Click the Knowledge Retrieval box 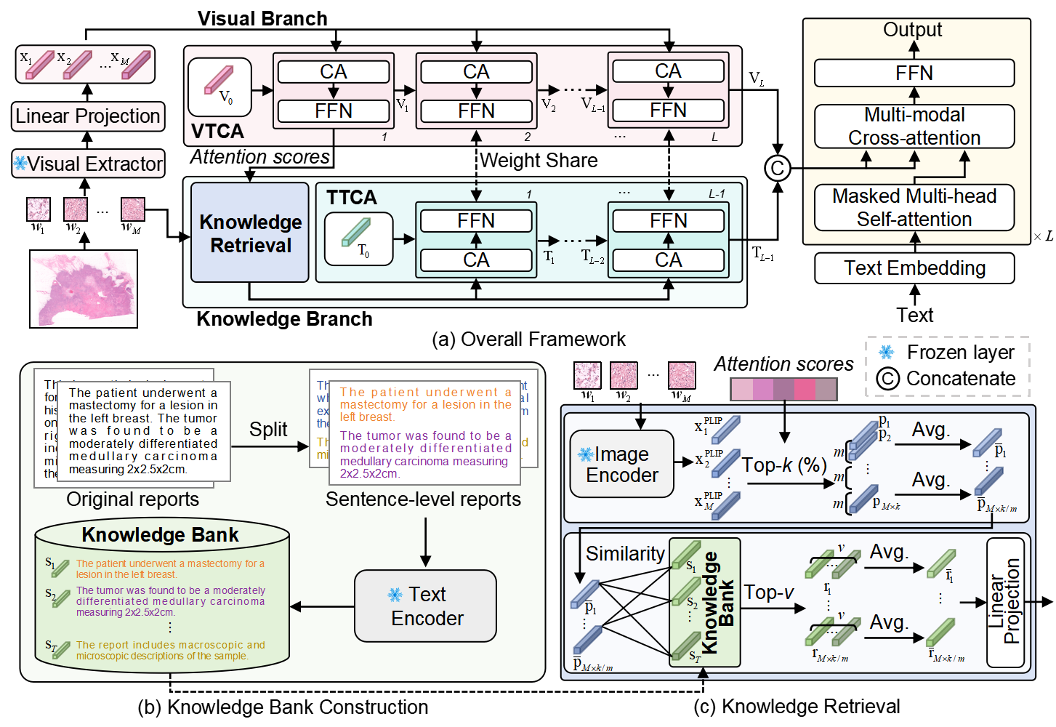pos(250,233)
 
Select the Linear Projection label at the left pos(88,116)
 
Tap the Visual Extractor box pos(89,164)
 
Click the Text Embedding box pos(914,268)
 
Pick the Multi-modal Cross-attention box pos(914,126)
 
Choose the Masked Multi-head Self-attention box pos(914,208)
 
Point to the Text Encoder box pos(426,606)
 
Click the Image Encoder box pos(622,465)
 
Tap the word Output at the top pos(912,30)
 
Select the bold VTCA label pos(217,132)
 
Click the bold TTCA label pos(352,198)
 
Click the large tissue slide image pos(84,289)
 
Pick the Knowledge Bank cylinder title pos(160,535)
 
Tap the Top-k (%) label pos(784,465)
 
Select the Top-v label pos(769,593)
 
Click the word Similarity pos(625,554)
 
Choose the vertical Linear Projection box pos(1005,602)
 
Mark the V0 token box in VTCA pos(219,87)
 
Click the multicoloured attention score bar pos(783,390)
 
